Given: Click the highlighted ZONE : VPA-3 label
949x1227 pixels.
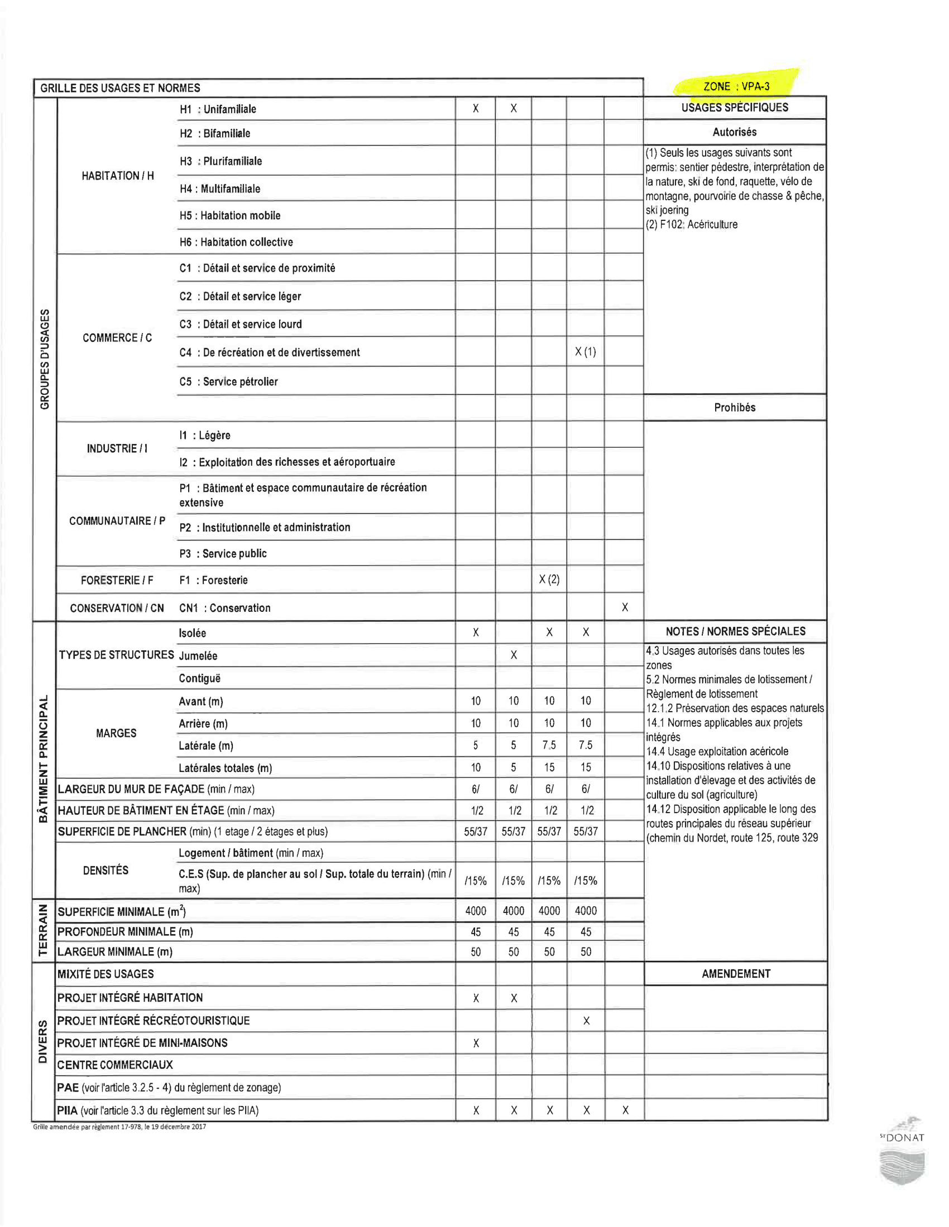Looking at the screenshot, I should [x=736, y=86].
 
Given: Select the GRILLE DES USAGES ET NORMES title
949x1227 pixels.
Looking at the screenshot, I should [x=121, y=88].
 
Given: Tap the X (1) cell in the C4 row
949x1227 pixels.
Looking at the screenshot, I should [x=585, y=352].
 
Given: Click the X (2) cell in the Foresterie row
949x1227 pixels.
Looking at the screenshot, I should [x=549, y=579].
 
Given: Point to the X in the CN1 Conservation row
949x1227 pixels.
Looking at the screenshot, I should [x=625, y=607].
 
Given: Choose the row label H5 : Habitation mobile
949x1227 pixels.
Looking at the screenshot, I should [x=229, y=215].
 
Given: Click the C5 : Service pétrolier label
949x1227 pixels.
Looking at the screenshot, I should [x=228, y=381].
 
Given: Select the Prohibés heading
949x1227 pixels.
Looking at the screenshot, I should [x=734, y=407].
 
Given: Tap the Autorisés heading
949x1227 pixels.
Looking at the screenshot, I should [x=734, y=132].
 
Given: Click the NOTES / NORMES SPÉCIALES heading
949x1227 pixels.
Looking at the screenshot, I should [x=735, y=631].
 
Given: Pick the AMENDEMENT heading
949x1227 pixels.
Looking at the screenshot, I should [x=735, y=974].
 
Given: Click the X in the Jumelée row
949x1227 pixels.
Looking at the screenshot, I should [x=513, y=655].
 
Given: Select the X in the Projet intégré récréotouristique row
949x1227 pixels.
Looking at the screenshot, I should [x=586, y=1021].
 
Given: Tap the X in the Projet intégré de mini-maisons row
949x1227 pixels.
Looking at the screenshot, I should [x=476, y=1044].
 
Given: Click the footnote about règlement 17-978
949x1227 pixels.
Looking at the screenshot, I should [x=119, y=1127].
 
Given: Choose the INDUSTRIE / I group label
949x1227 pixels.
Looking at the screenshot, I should [x=117, y=448].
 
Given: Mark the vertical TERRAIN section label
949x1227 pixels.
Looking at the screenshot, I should [x=43, y=930].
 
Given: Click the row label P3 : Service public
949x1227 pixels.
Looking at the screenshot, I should [x=223, y=553].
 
